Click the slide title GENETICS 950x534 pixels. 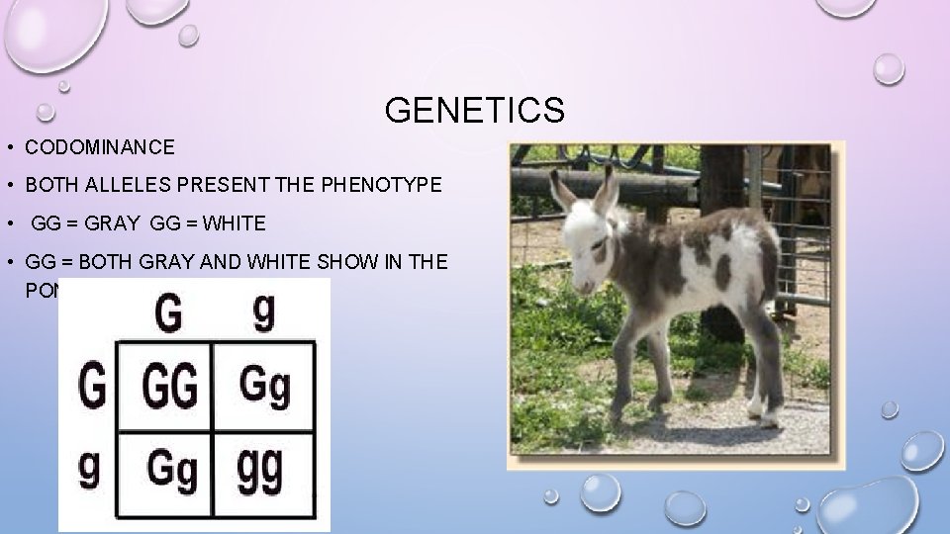pyautogui.click(x=474, y=110)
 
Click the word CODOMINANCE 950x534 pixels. pyautogui.click(x=100, y=148)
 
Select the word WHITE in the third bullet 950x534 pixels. pyautogui.click(x=234, y=223)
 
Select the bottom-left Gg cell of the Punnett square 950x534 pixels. pyautogui.click(x=170, y=468)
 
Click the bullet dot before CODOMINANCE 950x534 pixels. pyautogui.click(x=8, y=149)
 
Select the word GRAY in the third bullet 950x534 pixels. pyautogui.click(x=110, y=223)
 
